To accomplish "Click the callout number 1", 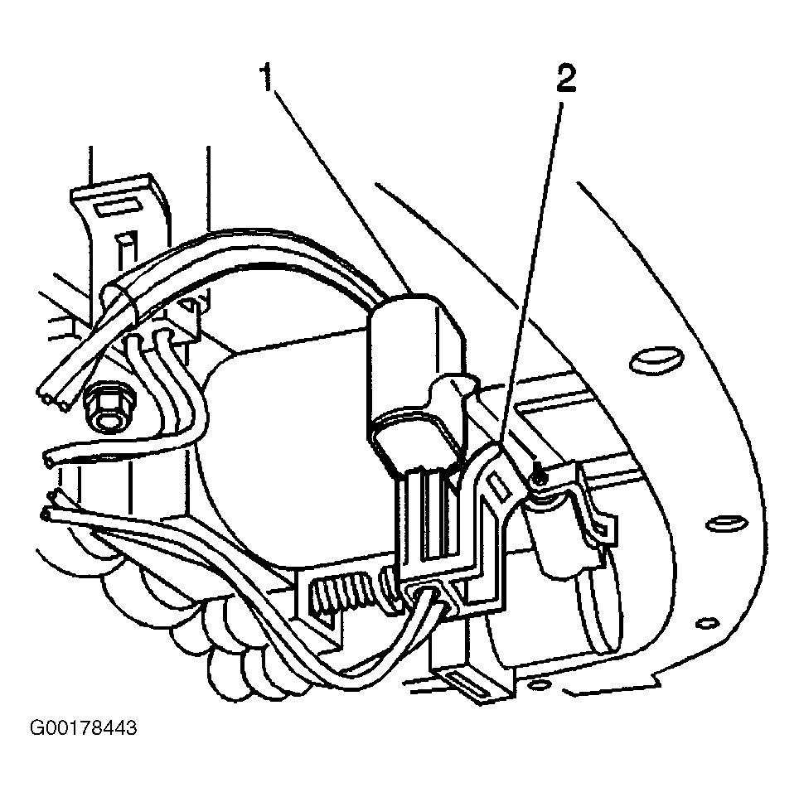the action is point(267,78).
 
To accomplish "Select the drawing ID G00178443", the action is point(84,728).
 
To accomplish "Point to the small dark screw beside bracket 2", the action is point(540,478).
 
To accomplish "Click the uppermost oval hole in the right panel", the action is point(656,360).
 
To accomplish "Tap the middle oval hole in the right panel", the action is point(727,524).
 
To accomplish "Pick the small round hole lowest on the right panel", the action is point(706,623).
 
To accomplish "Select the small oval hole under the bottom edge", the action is point(538,685).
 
